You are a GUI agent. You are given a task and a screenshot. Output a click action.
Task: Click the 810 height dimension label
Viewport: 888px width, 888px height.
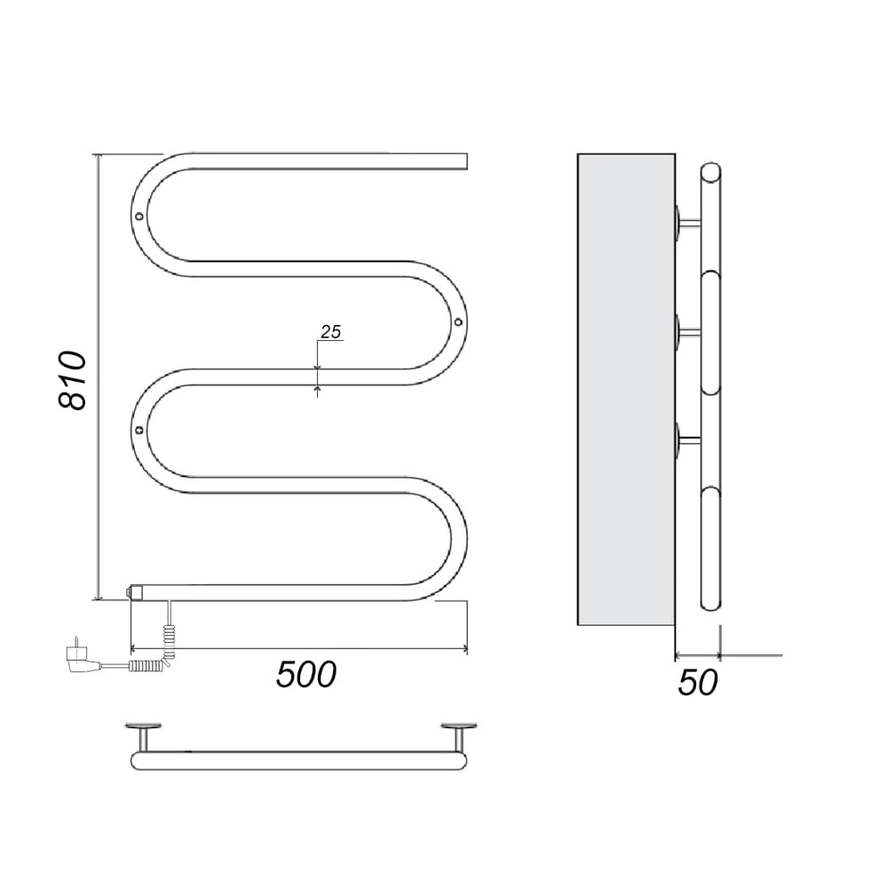pos(73,380)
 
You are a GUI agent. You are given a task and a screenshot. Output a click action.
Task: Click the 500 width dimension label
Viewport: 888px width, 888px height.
pos(306,674)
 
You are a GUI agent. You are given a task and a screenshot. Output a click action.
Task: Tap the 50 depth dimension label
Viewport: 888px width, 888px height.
pos(698,682)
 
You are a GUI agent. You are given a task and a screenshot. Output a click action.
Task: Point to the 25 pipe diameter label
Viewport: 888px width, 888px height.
pos(331,331)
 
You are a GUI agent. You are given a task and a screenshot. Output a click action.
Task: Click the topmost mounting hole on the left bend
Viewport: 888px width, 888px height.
pos(139,216)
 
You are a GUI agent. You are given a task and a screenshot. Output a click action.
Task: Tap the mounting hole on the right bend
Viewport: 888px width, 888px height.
pos(458,321)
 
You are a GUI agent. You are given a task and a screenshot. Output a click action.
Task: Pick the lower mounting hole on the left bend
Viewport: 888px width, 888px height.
pos(139,431)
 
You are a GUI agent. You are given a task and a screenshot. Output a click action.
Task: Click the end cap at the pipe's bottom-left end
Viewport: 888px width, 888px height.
pos(136,592)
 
